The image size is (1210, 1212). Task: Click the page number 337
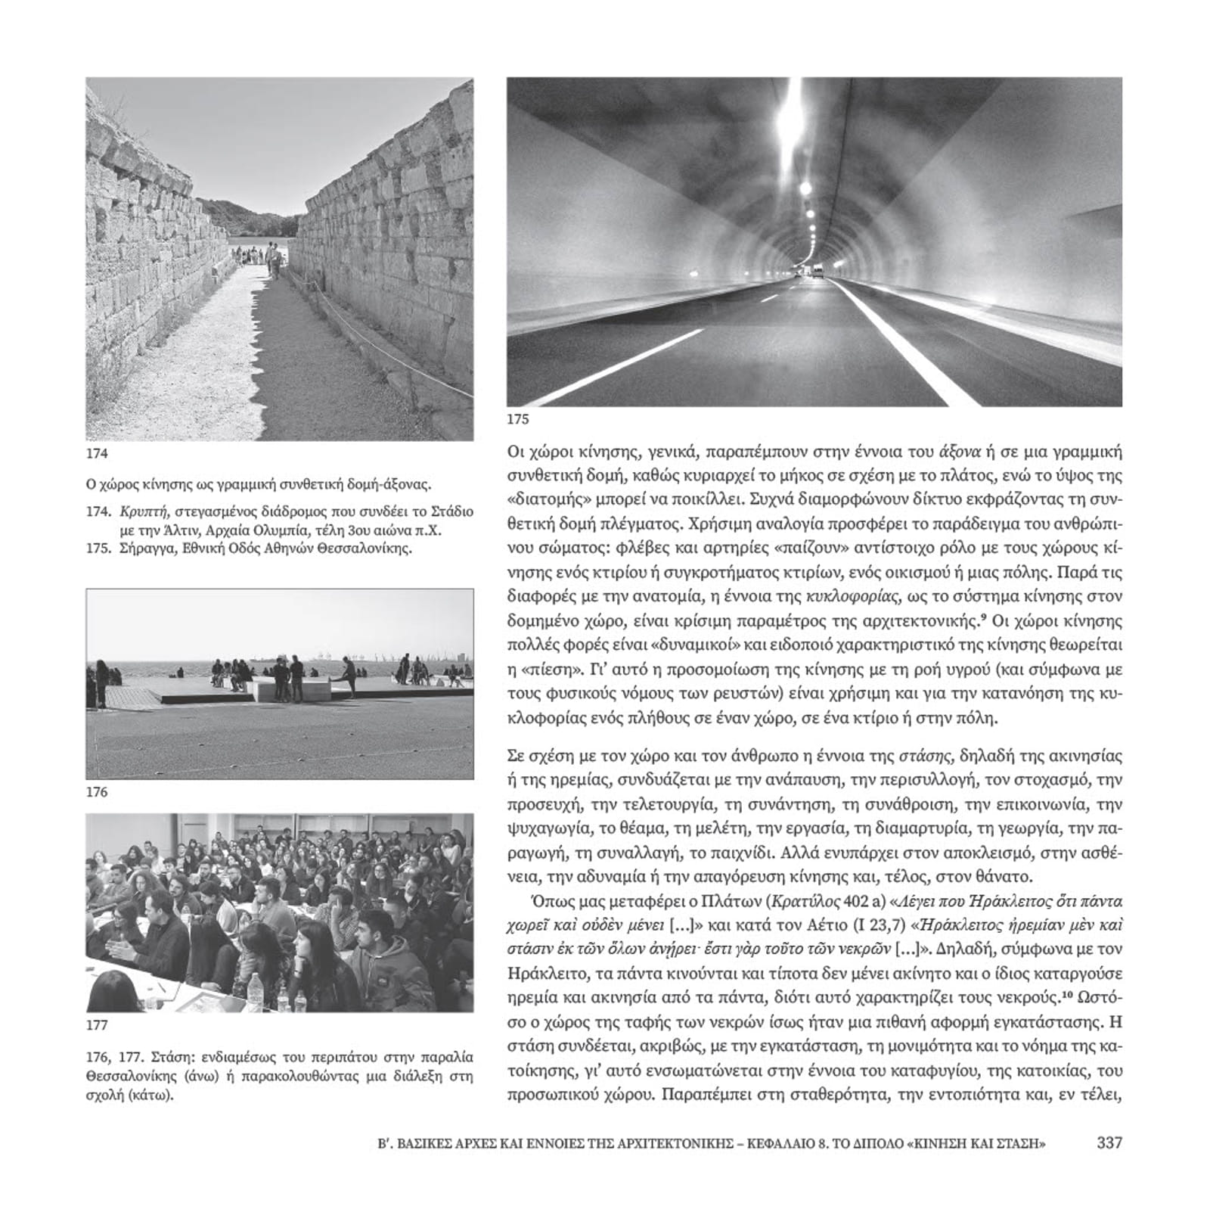pos(1109,1143)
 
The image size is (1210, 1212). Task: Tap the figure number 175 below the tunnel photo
pos(518,419)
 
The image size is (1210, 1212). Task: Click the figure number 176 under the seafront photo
pos(97,792)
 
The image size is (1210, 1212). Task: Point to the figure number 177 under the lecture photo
pos(97,1025)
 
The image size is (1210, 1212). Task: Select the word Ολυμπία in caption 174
pos(300,530)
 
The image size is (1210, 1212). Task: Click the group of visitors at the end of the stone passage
pos(256,254)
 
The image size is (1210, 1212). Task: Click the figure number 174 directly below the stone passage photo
pos(97,453)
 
